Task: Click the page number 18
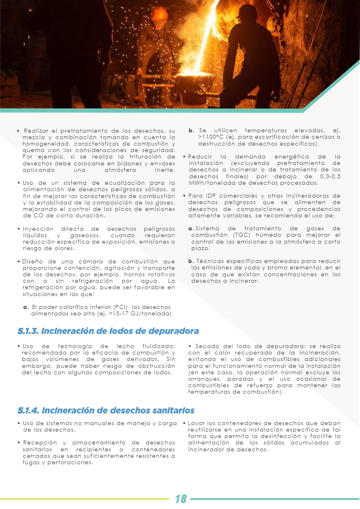tap(180, 499)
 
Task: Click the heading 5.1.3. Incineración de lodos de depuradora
tap(108, 331)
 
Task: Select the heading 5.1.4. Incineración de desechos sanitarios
tap(106, 411)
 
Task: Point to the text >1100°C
tap(211, 137)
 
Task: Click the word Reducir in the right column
tap(199, 157)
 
